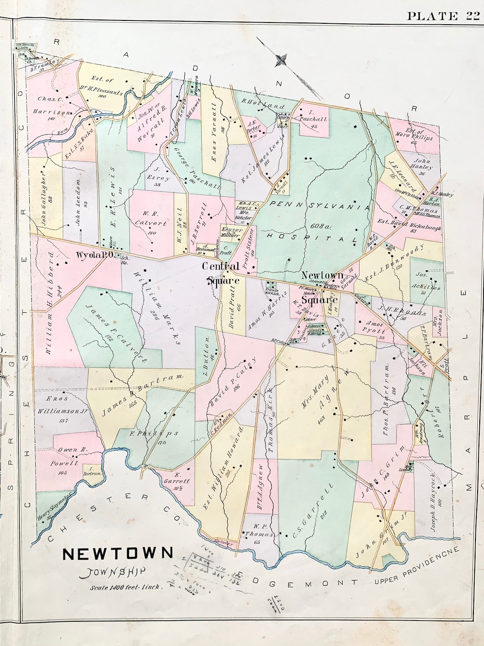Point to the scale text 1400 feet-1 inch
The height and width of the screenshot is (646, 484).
(125, 587)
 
